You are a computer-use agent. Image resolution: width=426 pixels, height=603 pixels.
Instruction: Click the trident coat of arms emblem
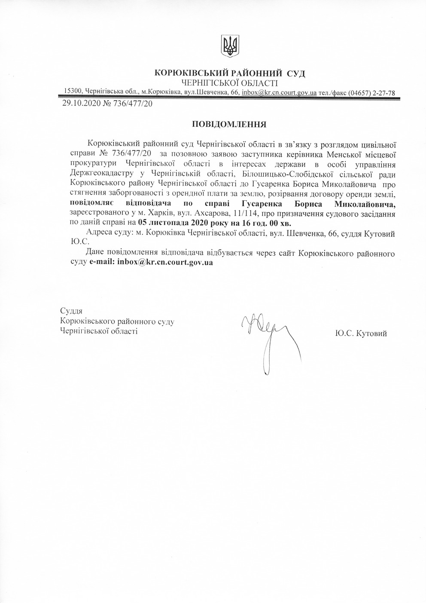click(x=230, y=46)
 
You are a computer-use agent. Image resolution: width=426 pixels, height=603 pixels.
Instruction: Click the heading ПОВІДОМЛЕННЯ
click(x=229, y=125)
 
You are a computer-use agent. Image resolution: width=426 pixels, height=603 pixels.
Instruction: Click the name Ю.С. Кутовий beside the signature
click(x=362, y=333)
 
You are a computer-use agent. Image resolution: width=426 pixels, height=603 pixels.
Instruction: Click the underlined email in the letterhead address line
click(x=279, y=92)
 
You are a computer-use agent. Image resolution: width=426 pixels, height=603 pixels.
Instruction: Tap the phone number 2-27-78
click(x=383, y=92)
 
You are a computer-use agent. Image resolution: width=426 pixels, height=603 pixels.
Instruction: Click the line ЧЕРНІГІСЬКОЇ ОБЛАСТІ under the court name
click(x=229, y=83)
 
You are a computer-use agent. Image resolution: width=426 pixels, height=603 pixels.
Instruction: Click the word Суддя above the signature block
click(x=71, y=311)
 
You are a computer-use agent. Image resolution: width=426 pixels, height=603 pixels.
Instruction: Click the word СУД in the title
click(x=296, y=73)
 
